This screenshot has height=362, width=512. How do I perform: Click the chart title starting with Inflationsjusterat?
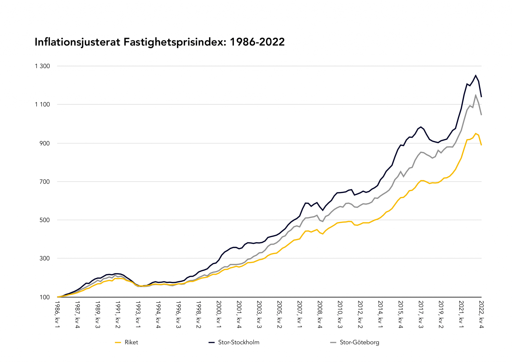[159, 42]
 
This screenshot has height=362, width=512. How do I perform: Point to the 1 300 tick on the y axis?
[42, 66]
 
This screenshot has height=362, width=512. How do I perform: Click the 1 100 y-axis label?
[42, 104]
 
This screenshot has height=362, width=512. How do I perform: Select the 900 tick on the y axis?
[44, 143]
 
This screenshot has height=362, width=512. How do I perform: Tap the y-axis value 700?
[44, 182]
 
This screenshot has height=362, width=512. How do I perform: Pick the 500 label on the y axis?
[44, 220]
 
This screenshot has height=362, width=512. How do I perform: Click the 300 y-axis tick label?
[44, 258]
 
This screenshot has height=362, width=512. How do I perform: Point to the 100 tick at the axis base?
[44, 297]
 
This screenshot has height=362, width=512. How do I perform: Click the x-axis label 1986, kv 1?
[57, 314]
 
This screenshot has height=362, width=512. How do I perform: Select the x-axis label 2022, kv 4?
[481, 314]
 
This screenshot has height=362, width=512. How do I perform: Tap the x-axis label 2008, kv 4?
[320, 314]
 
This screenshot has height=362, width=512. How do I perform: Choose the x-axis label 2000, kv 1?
[219, 314]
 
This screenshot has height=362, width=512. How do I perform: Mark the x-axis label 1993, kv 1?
[138, 314]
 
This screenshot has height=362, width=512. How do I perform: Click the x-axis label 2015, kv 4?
[400, 314]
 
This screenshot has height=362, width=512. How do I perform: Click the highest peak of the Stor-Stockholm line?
[475, 75]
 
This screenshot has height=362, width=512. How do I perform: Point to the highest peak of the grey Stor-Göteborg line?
[475, 95]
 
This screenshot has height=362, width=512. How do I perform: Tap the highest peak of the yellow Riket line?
[475, 133]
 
